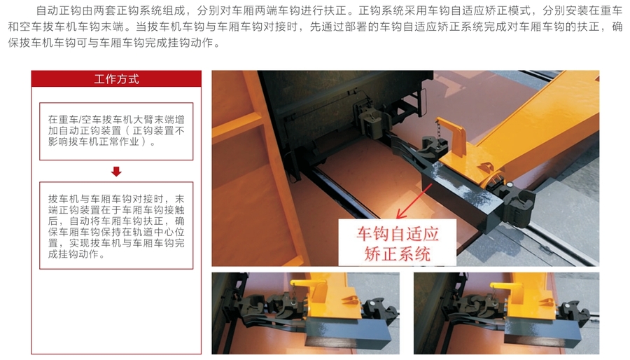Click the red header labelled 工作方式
pos(116,78)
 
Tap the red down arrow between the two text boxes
pos(116,172)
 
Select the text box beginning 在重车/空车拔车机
pos(116,132)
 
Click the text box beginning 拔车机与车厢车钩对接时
pos(116,226)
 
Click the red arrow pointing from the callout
pos(414,202)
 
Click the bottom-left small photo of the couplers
pos(306,313)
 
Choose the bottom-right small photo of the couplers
pos(506,313)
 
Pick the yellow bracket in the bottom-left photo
pos(310,291)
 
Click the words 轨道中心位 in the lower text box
pos(158,232)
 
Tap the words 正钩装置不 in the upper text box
pos(158,130)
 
